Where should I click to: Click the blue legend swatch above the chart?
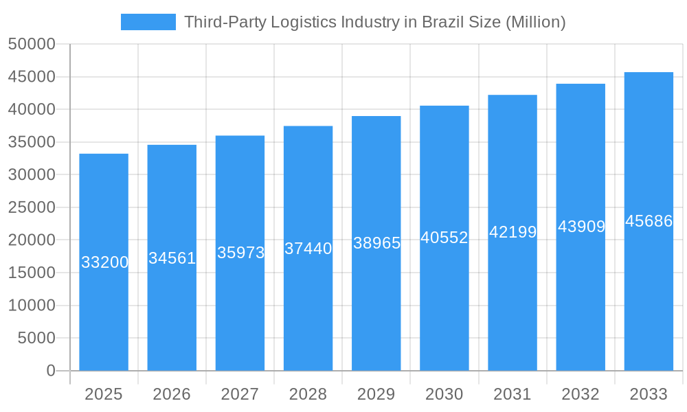click(x=148, y=22)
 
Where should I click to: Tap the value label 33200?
click(x=104, y=262)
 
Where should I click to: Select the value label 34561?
click(x=172, y=258)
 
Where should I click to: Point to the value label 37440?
click(x=308, y=249)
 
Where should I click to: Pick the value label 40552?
click(x=444, y=238)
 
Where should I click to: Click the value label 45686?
click(x=649, y=221)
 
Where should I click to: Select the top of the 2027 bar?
click(x=240, y=136)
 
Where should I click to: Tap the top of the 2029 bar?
click(x=376, y=117)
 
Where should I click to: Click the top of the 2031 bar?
click(x=513, y=95)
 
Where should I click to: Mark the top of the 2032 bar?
click(x=581, y=84)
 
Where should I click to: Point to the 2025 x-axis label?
click(x=104, y=394)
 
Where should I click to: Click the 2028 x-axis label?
click(x=308, y=394)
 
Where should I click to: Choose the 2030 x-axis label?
click(x=444, y=394)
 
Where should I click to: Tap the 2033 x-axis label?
click(x=649, y=394)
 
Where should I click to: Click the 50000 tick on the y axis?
click(x=32, y=44)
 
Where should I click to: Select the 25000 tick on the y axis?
click(x=32, y=207)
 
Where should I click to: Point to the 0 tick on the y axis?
click(x=51, y=371)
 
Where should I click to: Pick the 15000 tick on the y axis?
click(x=32, y=273)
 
